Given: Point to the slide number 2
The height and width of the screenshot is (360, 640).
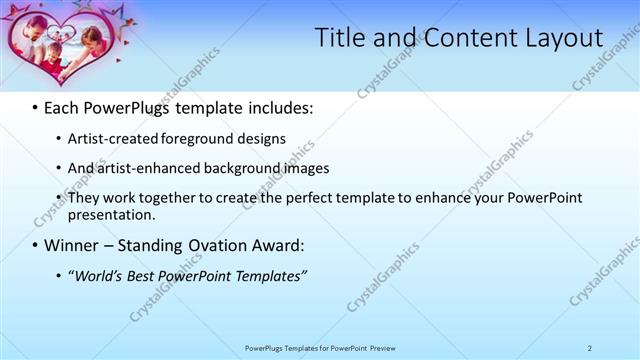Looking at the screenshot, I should coord(590,347).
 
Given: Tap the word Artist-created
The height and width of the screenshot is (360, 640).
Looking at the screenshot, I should coord(110,138).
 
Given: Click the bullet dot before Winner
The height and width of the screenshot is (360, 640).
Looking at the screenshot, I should coord(35,245).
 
